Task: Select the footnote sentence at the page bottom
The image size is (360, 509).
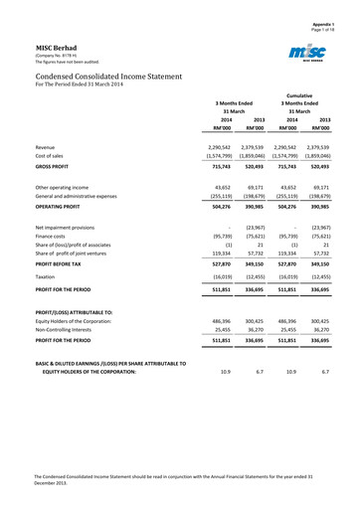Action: [179, 482]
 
